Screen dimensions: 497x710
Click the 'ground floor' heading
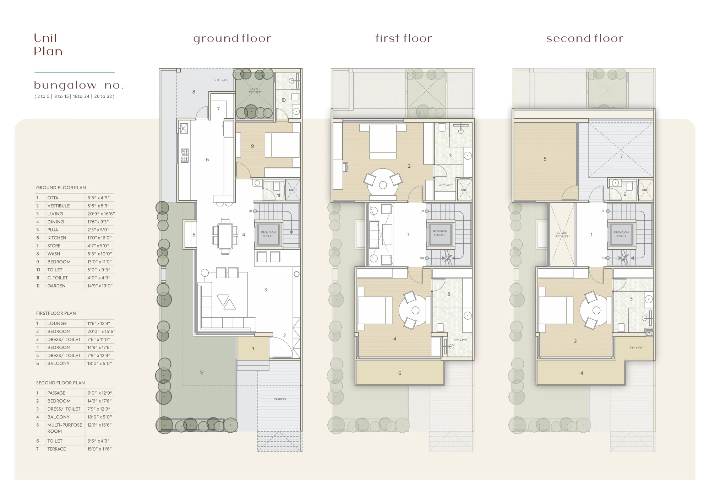click(x=232, y=39)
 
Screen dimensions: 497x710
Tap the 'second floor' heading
click(x=584, y=38)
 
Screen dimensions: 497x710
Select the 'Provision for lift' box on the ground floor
click(x=268, y=234)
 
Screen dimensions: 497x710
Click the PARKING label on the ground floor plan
click(x=280, y=399)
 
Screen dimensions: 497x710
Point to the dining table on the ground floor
click(x=225, y=236)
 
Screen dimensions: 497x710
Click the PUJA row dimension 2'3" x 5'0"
click(x=98, y=230)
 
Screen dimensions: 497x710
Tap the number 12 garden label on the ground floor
click(x=201, y=372)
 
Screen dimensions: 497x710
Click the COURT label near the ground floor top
click(x=255, y=89)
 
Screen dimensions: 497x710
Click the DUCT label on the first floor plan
click(x=465, y=190)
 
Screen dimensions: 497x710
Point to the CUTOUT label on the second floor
click(x=562, y=233)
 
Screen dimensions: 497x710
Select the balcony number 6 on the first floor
click(x=399, y=373)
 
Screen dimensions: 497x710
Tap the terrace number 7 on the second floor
click(x=621, y=156)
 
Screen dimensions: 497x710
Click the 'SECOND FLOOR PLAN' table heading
click(x=60, y=383)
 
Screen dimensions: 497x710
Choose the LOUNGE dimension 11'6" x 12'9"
click(x=99, y=323)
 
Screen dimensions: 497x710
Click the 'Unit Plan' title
click(x=48, y=44)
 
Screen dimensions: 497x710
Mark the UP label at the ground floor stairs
click(x=251, y=211)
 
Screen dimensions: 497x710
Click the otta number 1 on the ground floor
click(x=253, y=349)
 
